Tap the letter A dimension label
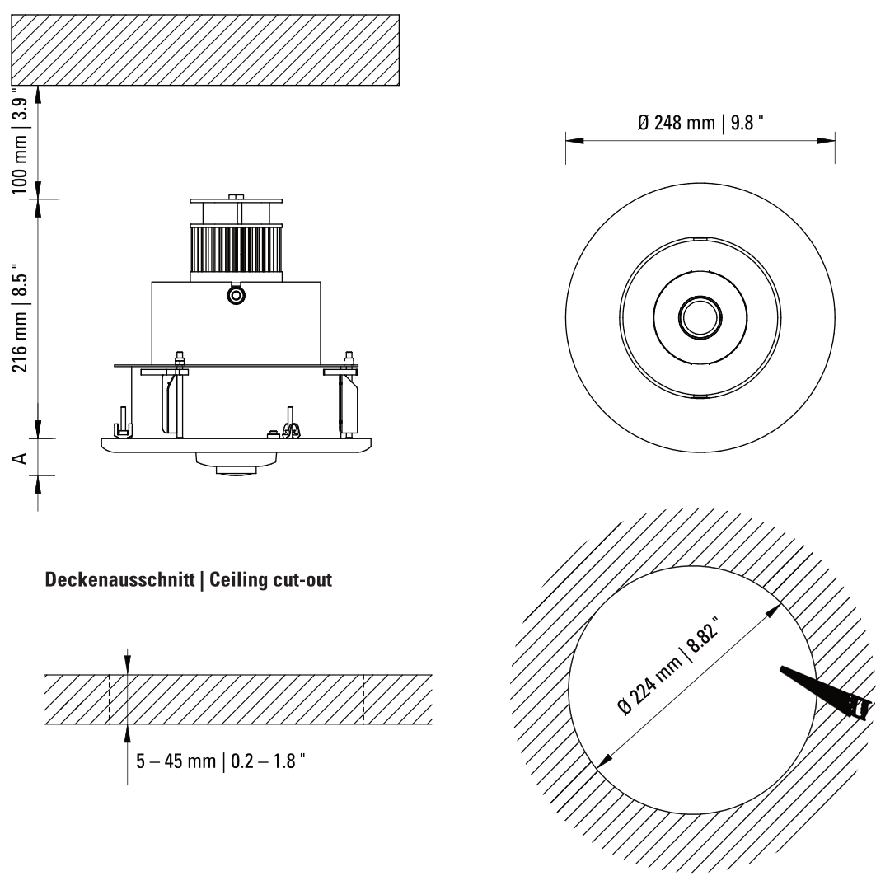22,457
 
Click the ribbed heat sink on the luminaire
237,251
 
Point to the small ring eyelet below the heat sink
237,294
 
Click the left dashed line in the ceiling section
109,700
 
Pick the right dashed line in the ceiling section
363,700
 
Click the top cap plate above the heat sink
237,199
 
